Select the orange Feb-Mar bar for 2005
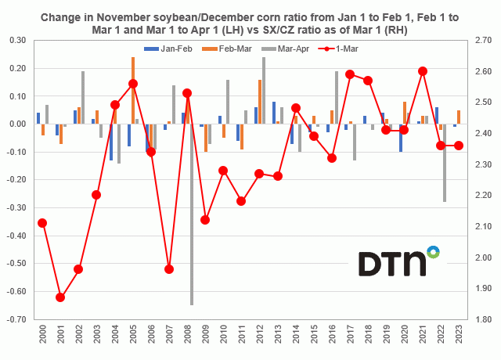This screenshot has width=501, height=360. pyautogui.click(x=133, y=90)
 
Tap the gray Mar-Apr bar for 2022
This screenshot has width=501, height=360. pyautogui.click(x=444, y=163)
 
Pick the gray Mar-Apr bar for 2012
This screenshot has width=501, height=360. pyautogui.click(x=264, y=90)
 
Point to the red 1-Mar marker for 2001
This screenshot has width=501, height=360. pyautogui.click(x=60, y=297)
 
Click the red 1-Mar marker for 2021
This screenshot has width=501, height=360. pyautogui.click(x=423, y=71)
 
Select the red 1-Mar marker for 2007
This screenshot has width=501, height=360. pyautogui.click(x=169, y=269)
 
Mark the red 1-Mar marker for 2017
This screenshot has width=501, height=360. pyautogui.click(x=349, y=74)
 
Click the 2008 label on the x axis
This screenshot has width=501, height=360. pyautogui.click(x=188, y=336)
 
